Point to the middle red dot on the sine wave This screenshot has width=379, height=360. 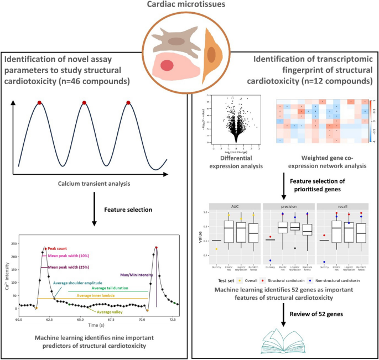coord(84,103)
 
